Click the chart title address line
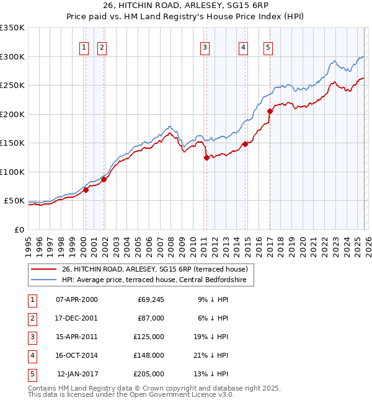click(x=186, y=6)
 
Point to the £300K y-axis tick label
click(x=12, y=56)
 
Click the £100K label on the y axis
click(x=12, y=172)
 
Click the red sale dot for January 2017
click(x=270, y=112)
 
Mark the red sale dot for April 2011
click(x=206, y=157)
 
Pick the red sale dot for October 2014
click(x=245, y=144)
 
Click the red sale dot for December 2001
click(x=104, y=179)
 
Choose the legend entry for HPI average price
click(x=154, y=280)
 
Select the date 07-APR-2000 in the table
click(x=76, y=299)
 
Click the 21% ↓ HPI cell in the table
click(x=211, y=355)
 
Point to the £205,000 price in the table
click(x=149, y=374)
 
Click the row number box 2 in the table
click(x=32, y=318)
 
